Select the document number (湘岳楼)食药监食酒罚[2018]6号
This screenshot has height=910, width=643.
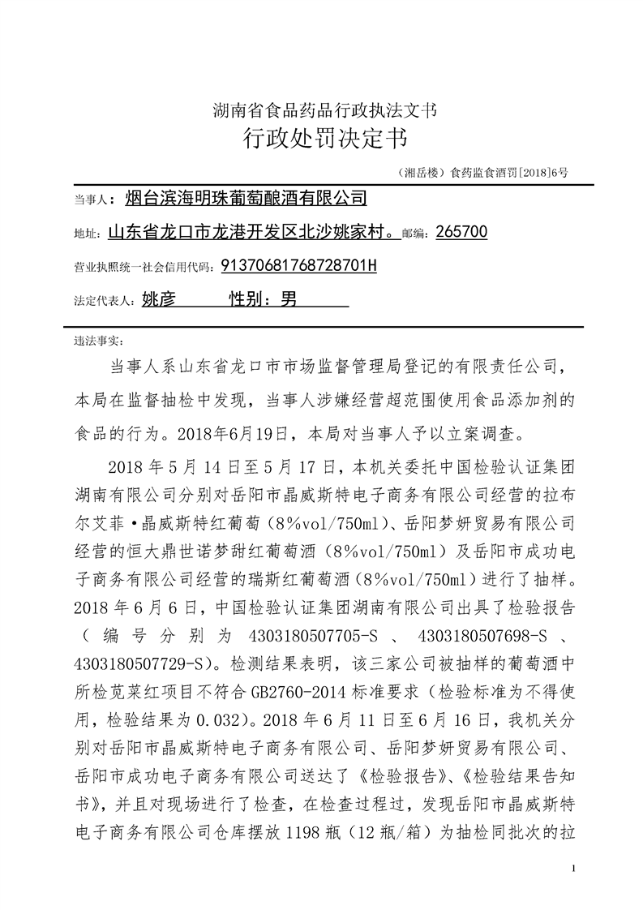[x=483, y=171]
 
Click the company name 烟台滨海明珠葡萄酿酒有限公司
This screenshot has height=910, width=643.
[x=246, y=199]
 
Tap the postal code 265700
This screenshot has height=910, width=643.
[x=461, y=233]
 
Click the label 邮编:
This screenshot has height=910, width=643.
[x=418, y=234]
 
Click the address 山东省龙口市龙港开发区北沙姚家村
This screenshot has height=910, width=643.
[x=250, y=233]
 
